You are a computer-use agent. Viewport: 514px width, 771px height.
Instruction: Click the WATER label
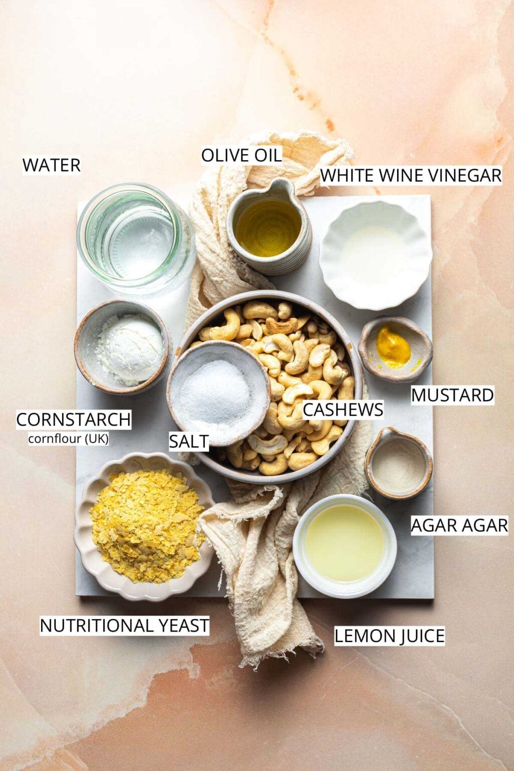(52, 165)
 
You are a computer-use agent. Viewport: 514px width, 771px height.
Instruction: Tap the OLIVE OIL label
(241, 155)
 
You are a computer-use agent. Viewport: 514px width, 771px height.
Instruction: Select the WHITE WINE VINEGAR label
(411, 176)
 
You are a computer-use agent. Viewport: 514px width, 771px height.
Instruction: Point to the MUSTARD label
(452, 395)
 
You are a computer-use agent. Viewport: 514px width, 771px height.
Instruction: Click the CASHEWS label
(343, 410)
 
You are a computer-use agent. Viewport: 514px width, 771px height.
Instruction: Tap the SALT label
(189, 441)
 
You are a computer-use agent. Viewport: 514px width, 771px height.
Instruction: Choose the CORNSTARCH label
(74, 420)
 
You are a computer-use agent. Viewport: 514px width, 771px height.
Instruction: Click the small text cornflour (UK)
(68, 439)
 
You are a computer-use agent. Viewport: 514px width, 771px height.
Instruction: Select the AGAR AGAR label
(459, 525)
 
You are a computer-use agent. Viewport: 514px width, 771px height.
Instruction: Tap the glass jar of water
(136, 239)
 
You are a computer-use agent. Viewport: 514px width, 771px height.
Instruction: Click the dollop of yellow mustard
(393, 347)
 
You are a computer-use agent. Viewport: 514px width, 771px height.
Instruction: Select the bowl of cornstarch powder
(122, 346)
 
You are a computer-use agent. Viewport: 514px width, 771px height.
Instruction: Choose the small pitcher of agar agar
(399, 463)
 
